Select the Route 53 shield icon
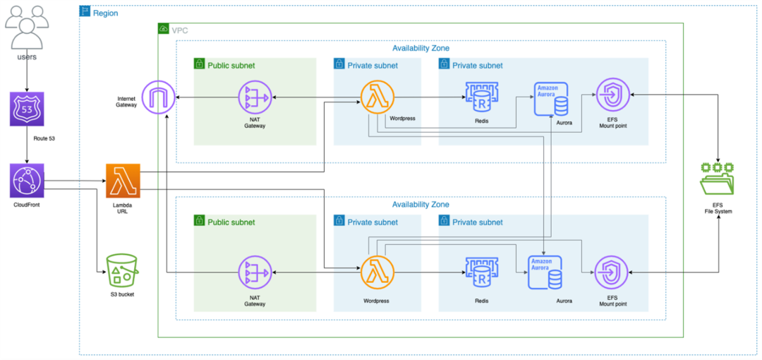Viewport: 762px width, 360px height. tap(27, 109)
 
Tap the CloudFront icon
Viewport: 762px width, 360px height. tap(27, 181)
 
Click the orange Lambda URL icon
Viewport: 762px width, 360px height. tap(123, 181)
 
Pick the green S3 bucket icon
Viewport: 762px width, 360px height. tap(123, 270)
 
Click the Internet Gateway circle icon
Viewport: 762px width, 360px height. tap(159, 97)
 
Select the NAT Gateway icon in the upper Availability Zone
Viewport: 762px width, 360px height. tap(255, 98)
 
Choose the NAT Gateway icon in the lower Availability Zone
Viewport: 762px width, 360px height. tap(255, 273)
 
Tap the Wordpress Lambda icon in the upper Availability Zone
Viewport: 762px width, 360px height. tap(377, 98)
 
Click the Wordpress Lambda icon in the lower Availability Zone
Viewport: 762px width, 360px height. tap(377, 273)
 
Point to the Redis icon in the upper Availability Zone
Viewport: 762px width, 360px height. tap(481, 98)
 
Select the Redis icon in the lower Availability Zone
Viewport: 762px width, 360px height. tap(481, 273)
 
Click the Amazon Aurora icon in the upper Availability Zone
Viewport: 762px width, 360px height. tap(551, 99)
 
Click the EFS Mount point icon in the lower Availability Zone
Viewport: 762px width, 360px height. tap(611, 273)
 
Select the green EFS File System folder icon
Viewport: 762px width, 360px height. tap(718, 179)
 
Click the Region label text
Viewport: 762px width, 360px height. tap(106, 13)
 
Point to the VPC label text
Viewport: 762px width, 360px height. tap(180, 30)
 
